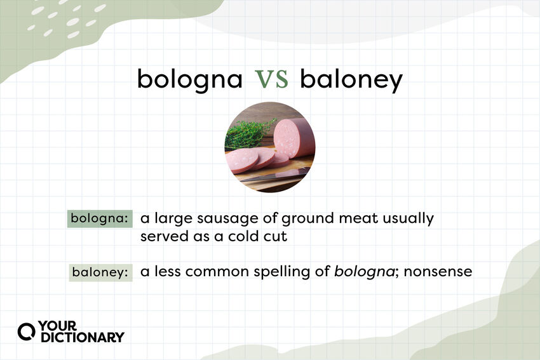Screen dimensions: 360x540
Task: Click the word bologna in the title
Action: (190, 80)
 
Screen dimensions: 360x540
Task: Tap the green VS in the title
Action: (272, 80)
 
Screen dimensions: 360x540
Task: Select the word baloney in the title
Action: (351, 80)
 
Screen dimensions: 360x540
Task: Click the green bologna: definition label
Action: (100, 219)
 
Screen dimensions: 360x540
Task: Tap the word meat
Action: (356, 219)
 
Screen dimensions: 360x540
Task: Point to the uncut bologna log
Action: (295, 136)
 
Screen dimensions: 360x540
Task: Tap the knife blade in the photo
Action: (273, 176)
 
